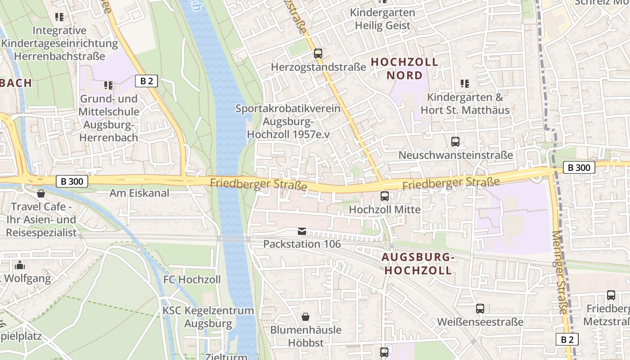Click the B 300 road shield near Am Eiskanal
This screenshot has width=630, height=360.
pos(72,181)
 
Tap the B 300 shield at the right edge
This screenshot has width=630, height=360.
pos(579,168)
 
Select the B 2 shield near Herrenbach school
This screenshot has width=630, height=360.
pos(147,81)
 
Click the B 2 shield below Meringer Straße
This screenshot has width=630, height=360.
pos(567,339)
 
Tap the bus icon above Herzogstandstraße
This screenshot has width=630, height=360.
pos(318,54)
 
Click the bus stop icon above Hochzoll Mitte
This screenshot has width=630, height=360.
pos(385,196)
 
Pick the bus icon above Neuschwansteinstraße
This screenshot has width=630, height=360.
pos(455,142)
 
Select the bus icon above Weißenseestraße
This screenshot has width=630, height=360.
pos(480,309)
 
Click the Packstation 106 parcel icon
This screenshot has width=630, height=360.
pos(302,231)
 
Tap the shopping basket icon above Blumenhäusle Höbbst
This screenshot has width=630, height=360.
pos(306,317)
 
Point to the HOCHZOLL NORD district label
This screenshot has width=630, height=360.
pos(405,68)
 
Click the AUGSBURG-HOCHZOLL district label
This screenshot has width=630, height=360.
pos(417,264)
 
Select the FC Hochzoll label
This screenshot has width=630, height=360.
pos(192,279)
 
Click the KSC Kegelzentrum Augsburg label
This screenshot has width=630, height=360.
pos(208,317)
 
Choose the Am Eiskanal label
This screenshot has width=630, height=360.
pos(139,193)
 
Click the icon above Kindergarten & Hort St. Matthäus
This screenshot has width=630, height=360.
pos(465,83)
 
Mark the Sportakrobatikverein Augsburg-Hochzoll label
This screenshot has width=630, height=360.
pos(288,121)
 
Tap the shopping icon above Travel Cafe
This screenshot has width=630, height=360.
pos(41,193)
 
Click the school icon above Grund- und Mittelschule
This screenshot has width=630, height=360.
pos(108,85)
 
